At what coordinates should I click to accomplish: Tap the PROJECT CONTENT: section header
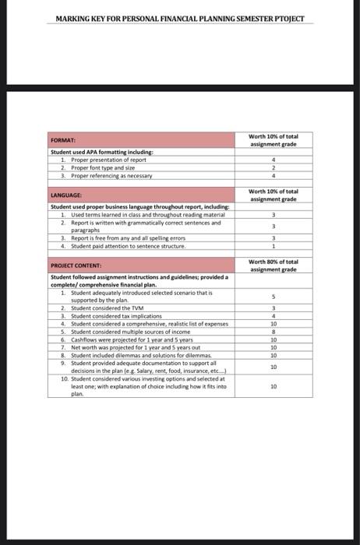coord(76,266)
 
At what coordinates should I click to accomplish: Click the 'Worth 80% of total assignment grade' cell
coord(274,265)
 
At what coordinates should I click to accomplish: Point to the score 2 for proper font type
coord(273,168)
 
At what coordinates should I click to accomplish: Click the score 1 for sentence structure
coord(273,246)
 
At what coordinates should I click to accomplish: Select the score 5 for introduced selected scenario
coord(273,296)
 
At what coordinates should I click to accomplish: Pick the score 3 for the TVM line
coord(273,309)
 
